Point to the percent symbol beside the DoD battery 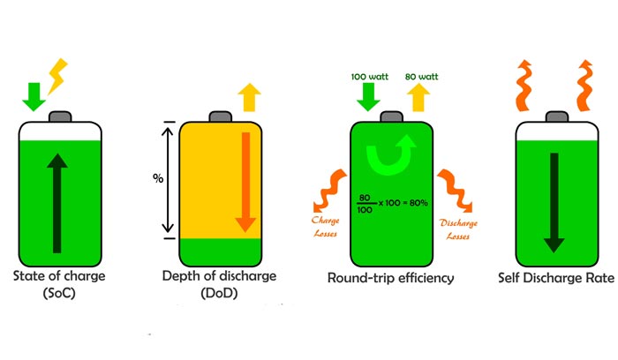pos(158,178)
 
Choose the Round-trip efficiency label pos(392,279)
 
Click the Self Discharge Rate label pos(557,279)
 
